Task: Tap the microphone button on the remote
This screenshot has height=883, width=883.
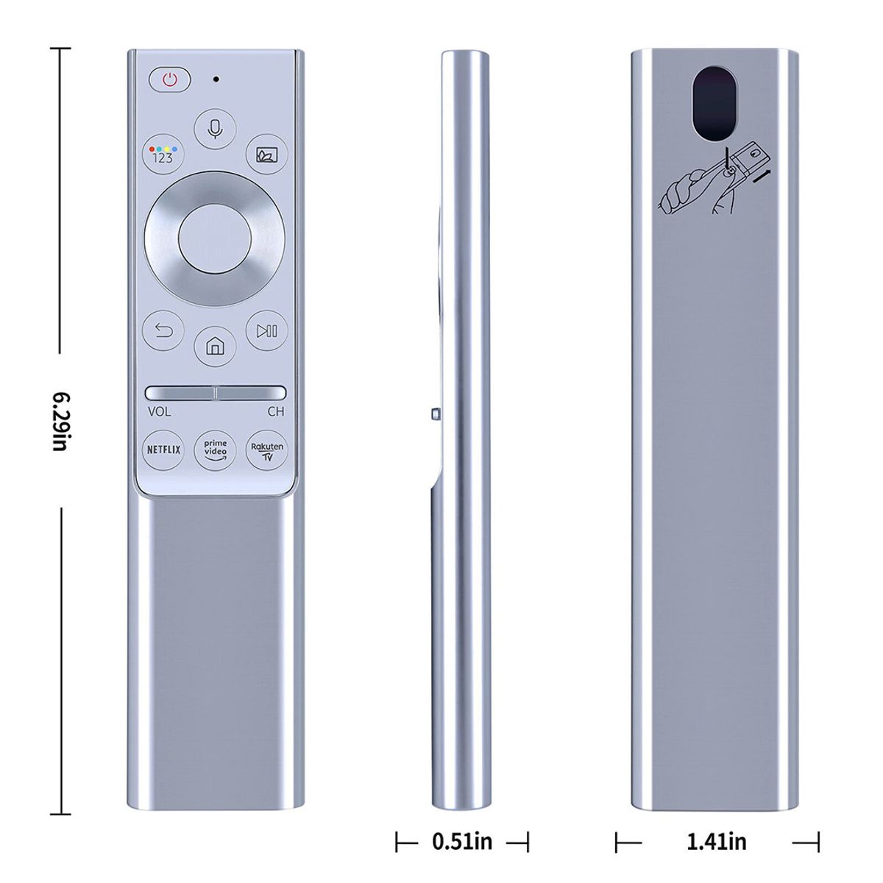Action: point(215,129)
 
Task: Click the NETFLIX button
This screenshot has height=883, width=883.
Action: point(163,450)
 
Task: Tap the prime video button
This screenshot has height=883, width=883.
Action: point(215,450)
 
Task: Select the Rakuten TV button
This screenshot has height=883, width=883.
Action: point(267,450)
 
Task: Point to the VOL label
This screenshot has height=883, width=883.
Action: point(159,412)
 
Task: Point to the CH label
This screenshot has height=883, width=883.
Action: point(275,412)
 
